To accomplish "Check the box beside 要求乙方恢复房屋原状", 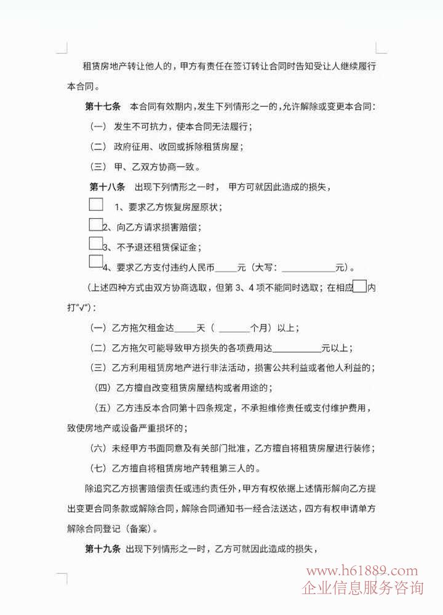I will point(96,204).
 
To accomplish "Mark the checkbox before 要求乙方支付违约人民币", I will point(95,262).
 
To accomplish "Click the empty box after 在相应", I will point(360,287).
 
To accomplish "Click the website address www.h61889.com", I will point(362,571).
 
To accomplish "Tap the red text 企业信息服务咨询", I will point(362,588).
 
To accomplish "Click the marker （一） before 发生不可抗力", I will point(98,127).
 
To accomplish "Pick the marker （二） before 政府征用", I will point(98,147).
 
